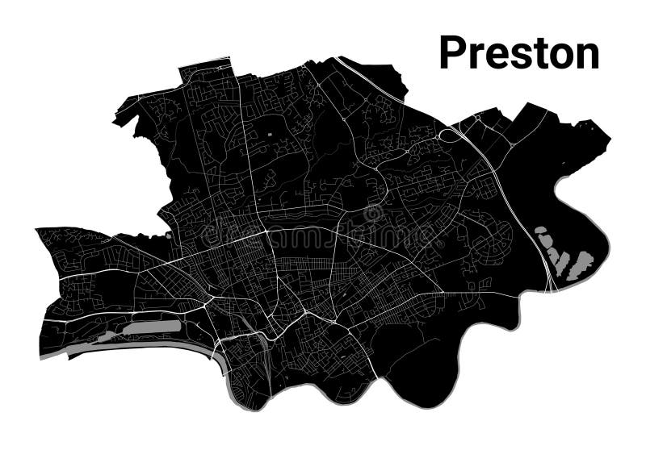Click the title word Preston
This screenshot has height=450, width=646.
pyautogui.click(x=519, y=53)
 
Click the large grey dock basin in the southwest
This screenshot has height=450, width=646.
pyautogui.click(x=152, y=327)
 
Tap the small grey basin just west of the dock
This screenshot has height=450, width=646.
pyautogui.click(x=107, y=335)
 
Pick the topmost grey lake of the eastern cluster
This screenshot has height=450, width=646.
pyautogui.click(x=539, y=233)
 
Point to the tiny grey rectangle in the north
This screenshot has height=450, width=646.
pyautogui.click(x=270, y=131)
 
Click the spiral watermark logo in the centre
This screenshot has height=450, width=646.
pyautogui.click(x=373, y=214)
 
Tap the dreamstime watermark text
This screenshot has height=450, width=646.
pyautogui.click(x=323, y=234)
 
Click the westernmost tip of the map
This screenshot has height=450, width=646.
pyautogui.click(x=37, y=230)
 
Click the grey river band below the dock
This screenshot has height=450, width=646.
pyautogui.click(x=137, y=345)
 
